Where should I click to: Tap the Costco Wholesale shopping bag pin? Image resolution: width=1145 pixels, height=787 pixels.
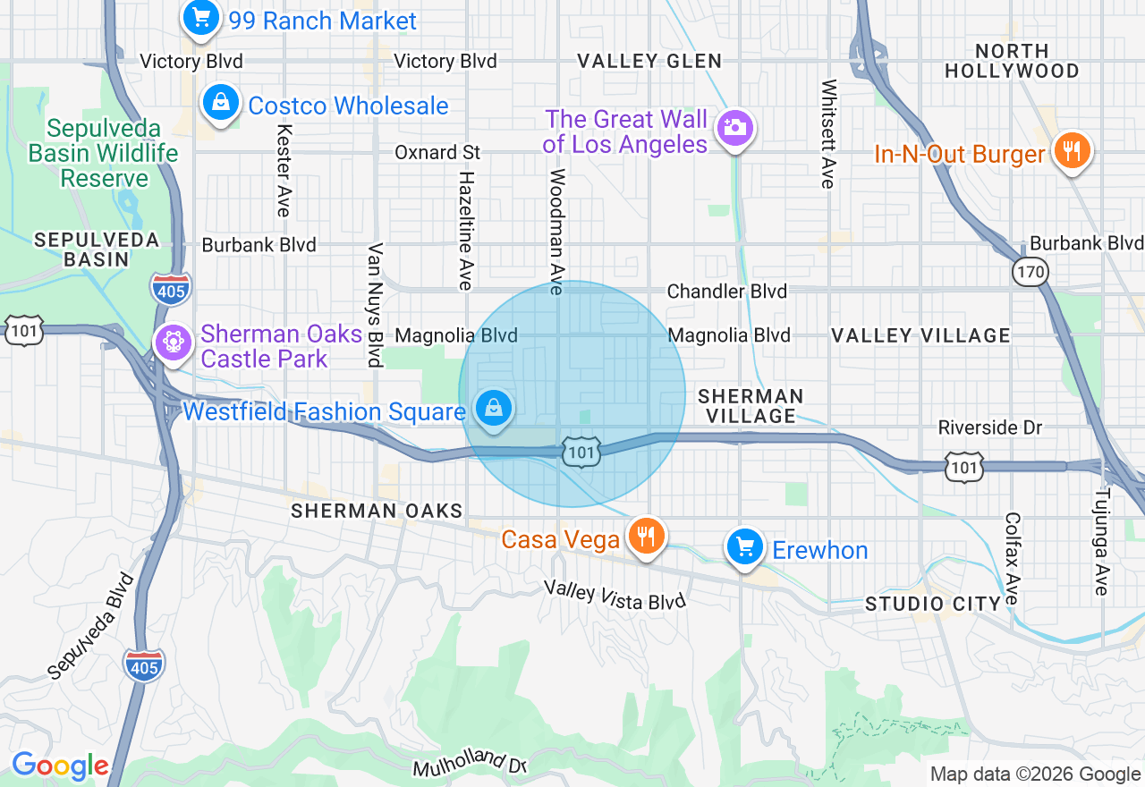220,103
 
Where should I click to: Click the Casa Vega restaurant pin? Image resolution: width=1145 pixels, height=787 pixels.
644,536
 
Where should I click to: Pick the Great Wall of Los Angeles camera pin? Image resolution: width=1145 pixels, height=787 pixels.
735,127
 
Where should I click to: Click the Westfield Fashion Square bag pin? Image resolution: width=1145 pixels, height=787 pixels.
492,409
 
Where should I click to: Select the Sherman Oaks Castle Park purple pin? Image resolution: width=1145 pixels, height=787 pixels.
174,343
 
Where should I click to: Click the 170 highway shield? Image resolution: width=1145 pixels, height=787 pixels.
1030,271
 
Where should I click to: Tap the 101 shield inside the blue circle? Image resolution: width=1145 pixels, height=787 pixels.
581,453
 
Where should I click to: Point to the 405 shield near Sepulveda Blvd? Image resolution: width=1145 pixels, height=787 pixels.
144,665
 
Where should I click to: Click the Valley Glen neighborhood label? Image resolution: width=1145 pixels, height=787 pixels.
649,61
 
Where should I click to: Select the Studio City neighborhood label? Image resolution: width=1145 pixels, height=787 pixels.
933,604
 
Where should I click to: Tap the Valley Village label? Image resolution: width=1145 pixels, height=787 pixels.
920,335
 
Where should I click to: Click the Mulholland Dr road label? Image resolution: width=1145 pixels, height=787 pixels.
470,761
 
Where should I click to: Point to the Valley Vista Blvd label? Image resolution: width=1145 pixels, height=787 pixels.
615,595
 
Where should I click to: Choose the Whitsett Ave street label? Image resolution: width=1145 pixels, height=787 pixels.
829,134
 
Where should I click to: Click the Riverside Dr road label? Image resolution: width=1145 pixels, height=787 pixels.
990,427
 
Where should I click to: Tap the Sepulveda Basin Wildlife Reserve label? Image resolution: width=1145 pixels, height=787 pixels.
104,153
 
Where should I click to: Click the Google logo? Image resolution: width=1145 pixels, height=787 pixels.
60,766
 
